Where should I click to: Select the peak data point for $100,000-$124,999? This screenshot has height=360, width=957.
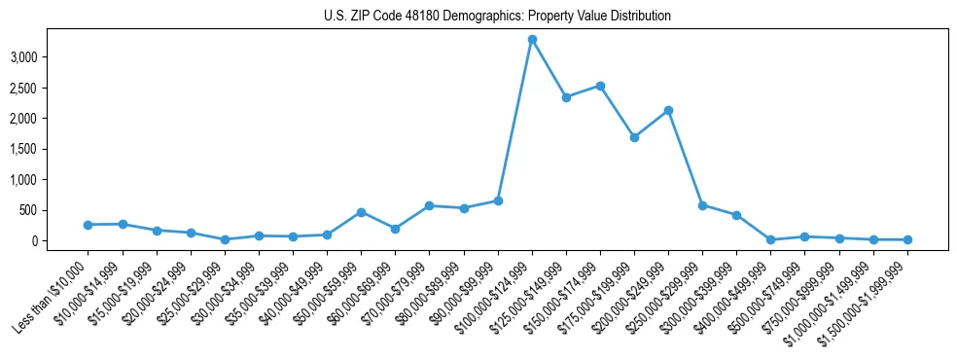tap(532, 40)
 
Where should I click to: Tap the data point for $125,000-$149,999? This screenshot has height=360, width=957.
tap(566, 97)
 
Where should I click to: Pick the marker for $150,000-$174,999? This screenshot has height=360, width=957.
tap(600, 86)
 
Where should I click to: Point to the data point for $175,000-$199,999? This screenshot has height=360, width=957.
tap(634, 137)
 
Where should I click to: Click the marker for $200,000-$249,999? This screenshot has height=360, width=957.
tap(668, 110)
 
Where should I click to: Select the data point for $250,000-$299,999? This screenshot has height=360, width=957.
tap(702, 205)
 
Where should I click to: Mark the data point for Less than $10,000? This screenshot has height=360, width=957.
tap(89, 225)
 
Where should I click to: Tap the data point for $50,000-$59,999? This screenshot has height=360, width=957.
tap(361, 212)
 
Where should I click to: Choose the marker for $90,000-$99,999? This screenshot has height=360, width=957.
tap(498, 200)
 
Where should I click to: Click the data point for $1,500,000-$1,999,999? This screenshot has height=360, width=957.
tap(907, 239)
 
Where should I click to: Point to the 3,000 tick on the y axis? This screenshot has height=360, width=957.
tap(22, 57)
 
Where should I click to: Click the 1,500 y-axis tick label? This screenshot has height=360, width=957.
tap(22, 149)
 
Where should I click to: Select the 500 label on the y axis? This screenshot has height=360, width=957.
tap(27, 210)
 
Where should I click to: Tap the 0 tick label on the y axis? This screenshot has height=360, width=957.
tap(33, 240)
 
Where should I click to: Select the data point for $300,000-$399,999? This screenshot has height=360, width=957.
tap(736, 215)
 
